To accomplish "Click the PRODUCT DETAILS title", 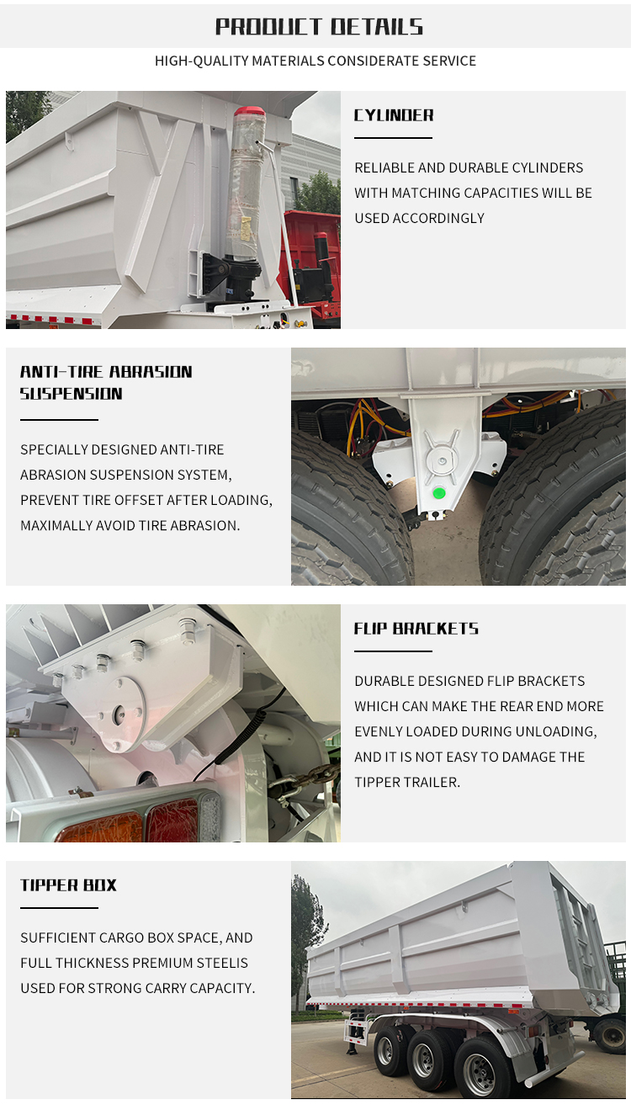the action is tap(319, 27).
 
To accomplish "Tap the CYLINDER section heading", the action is tap(394, 115).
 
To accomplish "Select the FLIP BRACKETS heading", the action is tap(416, 629).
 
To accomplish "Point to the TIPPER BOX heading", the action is tap(68, 885).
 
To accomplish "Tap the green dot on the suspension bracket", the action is tap(438, 492).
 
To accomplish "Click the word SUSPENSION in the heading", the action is tap(71, 394).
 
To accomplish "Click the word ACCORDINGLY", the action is tap(438, 218).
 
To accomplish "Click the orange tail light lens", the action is tap(99, 827).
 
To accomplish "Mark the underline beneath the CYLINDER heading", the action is tap(394, 138).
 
